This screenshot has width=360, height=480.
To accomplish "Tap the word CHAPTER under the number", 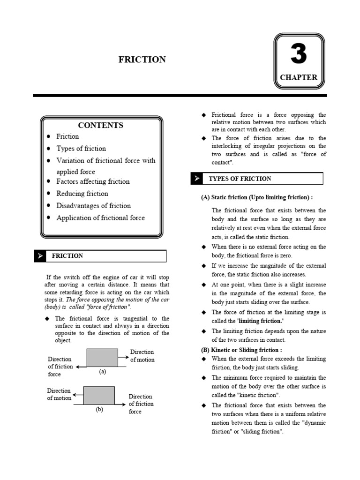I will point(299,77).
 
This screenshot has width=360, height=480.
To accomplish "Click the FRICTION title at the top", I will point(142,60).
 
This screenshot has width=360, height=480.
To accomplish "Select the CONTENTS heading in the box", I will point(101,125).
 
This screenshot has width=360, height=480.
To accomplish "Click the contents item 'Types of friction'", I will point(81,149).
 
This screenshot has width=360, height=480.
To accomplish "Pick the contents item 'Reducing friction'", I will point(82,194).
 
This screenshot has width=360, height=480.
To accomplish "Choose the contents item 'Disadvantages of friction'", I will point(94,206).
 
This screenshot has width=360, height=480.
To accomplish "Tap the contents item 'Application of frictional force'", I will point(101,218).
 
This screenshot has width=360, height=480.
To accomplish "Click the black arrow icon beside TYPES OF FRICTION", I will point(197,179).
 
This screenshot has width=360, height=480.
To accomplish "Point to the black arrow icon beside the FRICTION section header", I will point(40,256).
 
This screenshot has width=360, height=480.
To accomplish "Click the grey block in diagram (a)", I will point(102,358).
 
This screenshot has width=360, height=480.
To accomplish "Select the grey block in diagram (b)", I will point(99,395).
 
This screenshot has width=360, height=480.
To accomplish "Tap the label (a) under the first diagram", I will point(103,372).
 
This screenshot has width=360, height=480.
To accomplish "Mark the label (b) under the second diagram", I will point(99,409).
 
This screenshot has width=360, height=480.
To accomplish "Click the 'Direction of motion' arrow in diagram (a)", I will point(123,357).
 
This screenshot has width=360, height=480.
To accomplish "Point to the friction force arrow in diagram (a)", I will point(81,367).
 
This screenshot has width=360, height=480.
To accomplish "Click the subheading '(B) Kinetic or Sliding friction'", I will point(241,350).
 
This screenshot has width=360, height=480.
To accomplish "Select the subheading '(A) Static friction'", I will point(256,197).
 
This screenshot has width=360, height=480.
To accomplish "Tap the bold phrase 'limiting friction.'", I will point(261,321).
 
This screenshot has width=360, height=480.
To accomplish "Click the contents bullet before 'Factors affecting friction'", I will point(49,182).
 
